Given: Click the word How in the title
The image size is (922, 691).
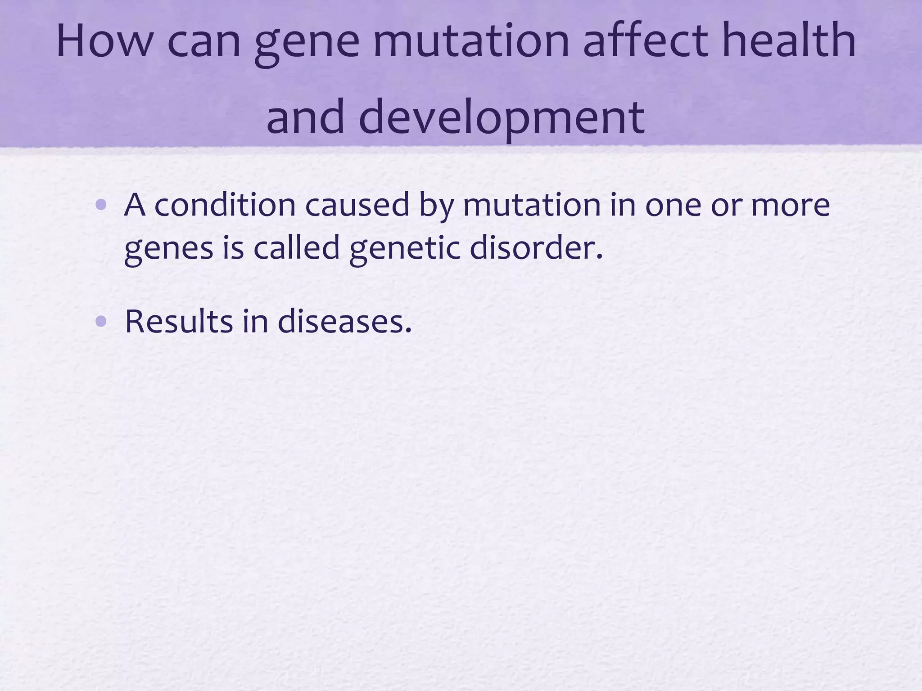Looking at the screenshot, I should tap(104, 41).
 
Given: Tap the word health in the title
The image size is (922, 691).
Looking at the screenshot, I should tap(789, 41).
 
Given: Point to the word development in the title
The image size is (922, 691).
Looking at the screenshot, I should tap(502, 118).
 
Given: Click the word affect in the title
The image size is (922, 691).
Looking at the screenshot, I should tap(648, 41).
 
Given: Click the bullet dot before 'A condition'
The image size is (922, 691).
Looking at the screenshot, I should tap(101, 206).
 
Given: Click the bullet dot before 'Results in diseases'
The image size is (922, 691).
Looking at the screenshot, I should tap(101, 321).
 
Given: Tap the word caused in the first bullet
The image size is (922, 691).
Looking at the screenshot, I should tap(357, 205).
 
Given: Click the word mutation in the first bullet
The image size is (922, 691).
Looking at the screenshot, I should tap(531, 205).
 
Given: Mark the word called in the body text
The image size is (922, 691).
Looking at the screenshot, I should tap(296, 248).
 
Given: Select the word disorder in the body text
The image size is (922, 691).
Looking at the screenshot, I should tap(536, 248).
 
